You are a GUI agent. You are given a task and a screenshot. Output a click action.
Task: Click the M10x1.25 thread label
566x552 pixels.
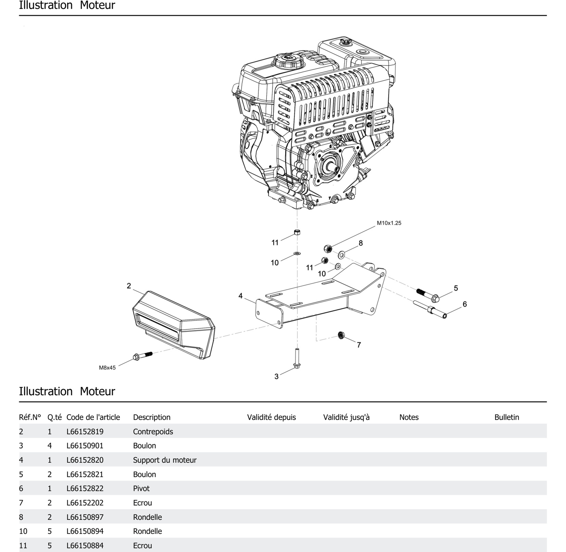(x=389, y=223)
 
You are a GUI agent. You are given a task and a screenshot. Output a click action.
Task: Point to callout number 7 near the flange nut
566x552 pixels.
(x=359, y=345)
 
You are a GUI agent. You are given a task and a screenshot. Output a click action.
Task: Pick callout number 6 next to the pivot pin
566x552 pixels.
(x=464, y=304)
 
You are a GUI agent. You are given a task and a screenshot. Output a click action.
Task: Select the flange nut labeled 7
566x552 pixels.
(x=341, y=335)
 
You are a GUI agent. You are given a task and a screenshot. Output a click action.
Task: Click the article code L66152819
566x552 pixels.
(x=85, y=431)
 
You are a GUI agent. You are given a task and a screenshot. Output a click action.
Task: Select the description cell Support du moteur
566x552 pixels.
(x=165, y=460)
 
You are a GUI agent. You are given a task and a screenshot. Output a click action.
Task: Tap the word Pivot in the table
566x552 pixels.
(x=141, y=488)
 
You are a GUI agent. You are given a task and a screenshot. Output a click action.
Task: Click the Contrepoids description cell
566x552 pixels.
(x=153, y=431)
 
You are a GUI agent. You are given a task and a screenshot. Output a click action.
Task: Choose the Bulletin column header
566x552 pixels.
(x=507, y=417)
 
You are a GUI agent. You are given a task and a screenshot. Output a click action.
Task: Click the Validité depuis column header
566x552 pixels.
(x=271, y=417)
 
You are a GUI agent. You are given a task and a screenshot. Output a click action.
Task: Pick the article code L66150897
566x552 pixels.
(x=85, y=517)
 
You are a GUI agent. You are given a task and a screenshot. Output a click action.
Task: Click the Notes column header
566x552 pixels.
(x=409, y=417)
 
